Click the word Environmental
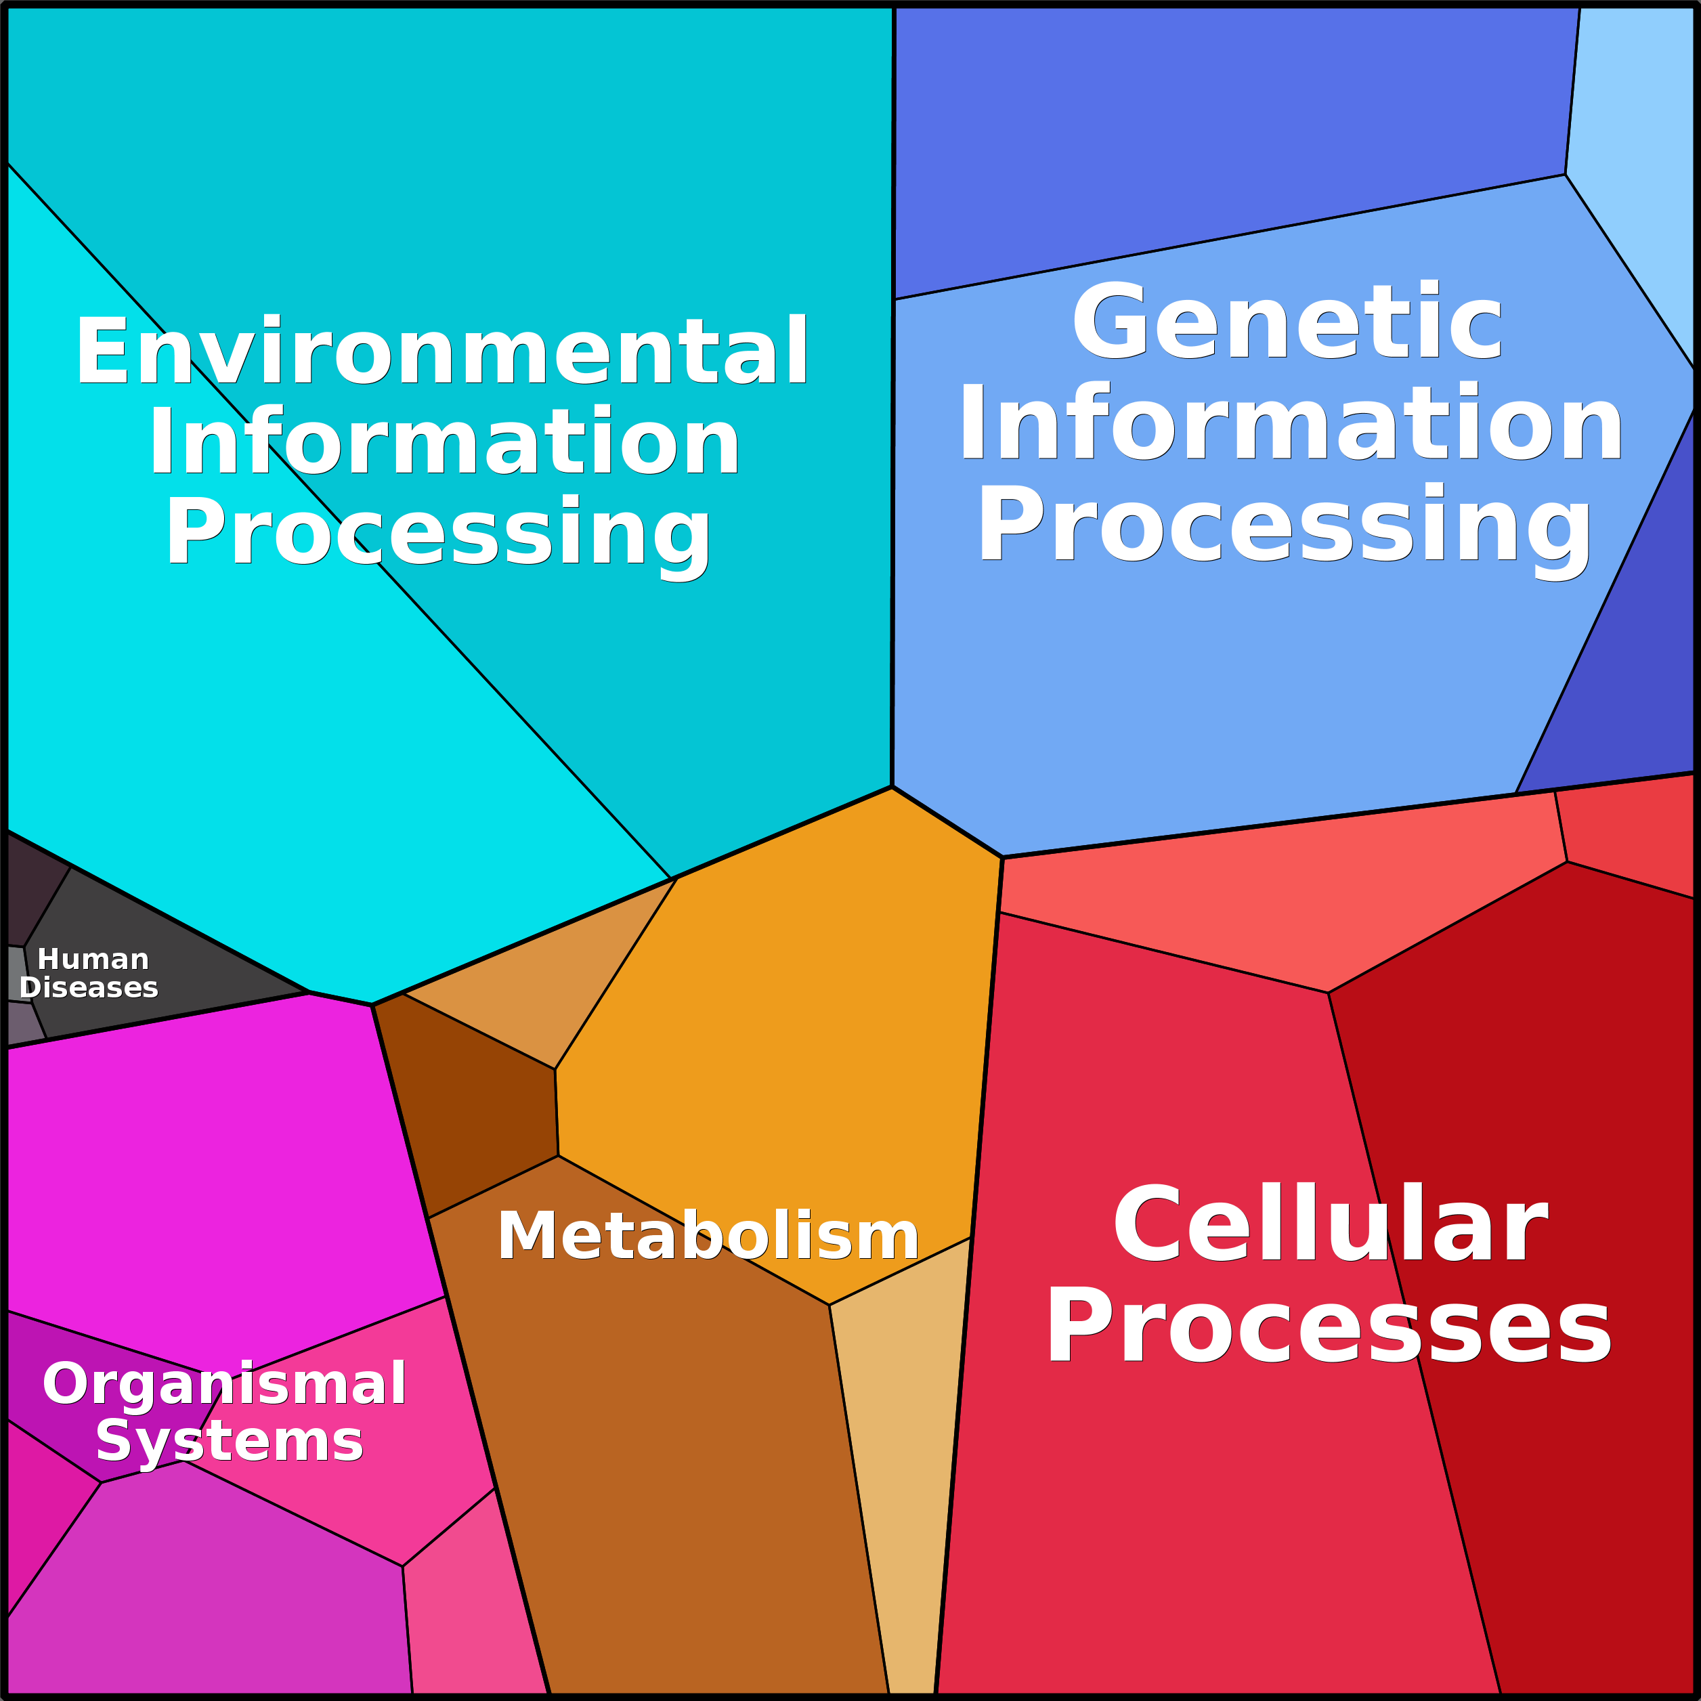442,352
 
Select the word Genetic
1287,324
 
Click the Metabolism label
708,1236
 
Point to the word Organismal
225,1384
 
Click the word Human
93,959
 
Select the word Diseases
89,988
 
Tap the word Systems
229,1442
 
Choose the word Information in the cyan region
445,443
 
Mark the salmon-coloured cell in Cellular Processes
1276,898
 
